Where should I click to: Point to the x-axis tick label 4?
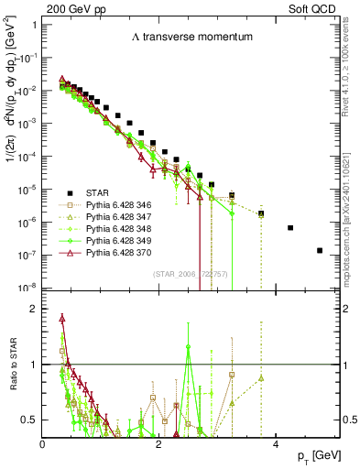tap(276, 443)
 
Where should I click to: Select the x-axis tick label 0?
tap(43, 443)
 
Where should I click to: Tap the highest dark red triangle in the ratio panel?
tap(62, 319)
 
